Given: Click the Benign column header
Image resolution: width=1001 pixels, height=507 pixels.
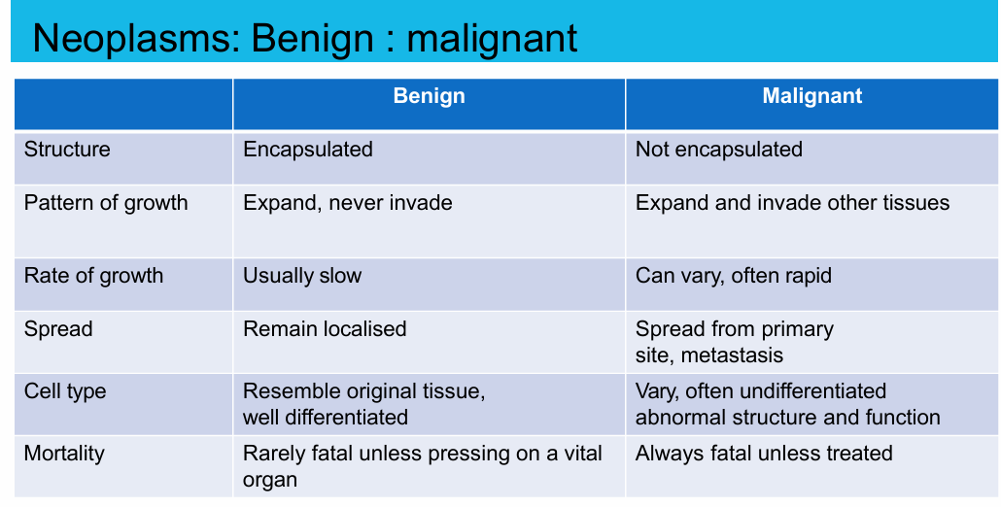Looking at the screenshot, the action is pyautogui.click(x=429, y=96).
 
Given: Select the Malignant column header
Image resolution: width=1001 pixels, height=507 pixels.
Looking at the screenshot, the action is pyautogui.click(x=812, y=96).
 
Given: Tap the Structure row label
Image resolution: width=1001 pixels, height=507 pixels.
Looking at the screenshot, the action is pyautogui.click(x=67, y=150).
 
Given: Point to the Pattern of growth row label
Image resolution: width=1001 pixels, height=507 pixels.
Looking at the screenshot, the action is pyautogui.click(x=106, y=204).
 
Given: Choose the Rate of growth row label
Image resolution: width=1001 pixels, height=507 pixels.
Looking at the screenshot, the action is pyautogui.click(x=94, y=277).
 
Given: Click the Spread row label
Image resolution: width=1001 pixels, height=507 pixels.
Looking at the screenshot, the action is pyautogui.click(x=58, y=330).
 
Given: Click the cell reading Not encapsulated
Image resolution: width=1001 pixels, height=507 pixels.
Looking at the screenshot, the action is pyautogui.click(x=719, y=150).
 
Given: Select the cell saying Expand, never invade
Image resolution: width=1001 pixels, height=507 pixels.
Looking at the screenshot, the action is pyautogui.click(x=348, y=203).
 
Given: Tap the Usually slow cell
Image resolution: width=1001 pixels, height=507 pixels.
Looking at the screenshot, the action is pyautogui.click(x=302, y=277).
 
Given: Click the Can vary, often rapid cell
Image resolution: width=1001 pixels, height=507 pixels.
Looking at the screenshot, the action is pyautogui.click(x=734, y=277).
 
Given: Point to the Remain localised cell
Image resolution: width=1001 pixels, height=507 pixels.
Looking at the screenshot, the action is pyautogui.click(x=325, y=329).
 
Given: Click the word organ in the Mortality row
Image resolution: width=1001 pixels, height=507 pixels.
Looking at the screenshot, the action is pyautogui.click(x=270, y=480).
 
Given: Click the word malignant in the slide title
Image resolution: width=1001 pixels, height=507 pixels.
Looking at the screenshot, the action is pyautogui.click(x=492, y=39).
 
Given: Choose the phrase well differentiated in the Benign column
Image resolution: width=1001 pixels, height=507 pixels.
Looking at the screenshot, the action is pyautogui.click(x=326, y=418).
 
